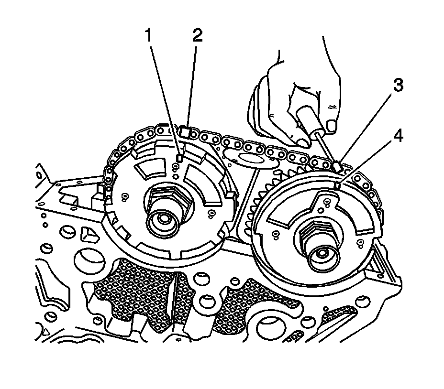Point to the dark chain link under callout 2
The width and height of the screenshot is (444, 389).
[185, 130]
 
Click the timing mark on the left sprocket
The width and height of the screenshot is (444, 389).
[180, 157]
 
